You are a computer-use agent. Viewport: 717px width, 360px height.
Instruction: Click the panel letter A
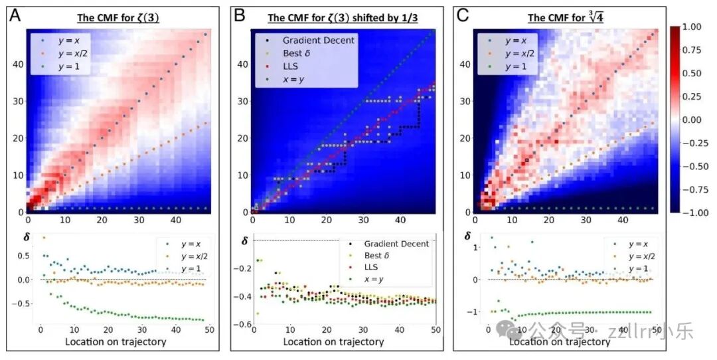pos(14,15)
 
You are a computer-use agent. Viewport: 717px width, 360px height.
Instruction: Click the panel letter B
pos(239,15)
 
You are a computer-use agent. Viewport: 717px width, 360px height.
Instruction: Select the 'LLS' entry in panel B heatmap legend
pos(291,66)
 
